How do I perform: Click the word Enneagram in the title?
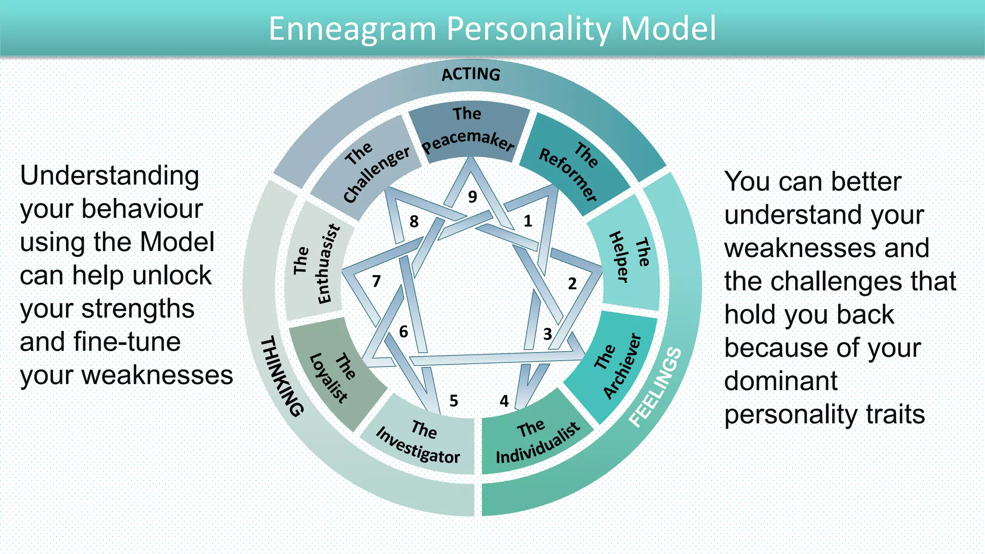352,29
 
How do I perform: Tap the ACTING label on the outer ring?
471,75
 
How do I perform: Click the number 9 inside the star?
472,197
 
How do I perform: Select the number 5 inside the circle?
454,401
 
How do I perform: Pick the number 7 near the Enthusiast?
376,281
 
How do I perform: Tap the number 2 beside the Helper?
572,283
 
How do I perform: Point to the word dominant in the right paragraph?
781,381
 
